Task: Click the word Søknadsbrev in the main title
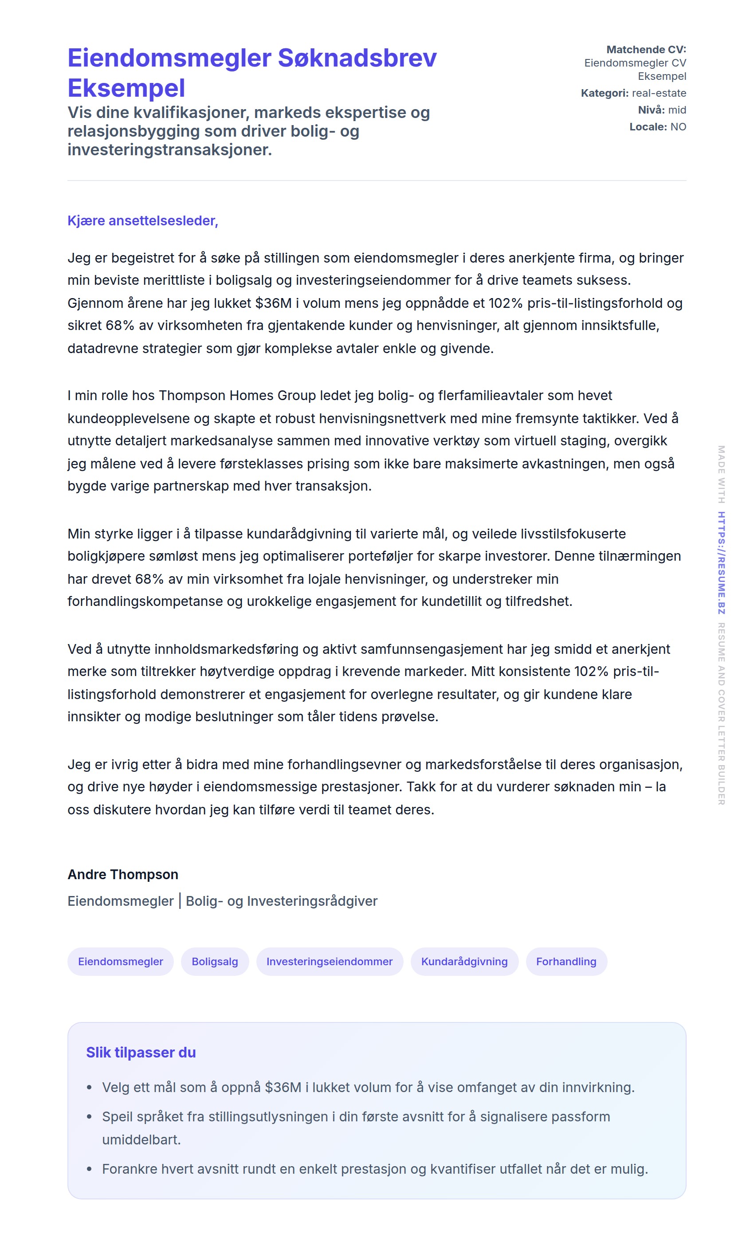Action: pos(357,58)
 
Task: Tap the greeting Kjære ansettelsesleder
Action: pos(143,221)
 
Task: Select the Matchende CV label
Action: pos(646,49)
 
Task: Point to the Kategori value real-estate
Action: pos(659,93)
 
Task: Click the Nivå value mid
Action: pos(677,110)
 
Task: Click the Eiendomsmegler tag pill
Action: pos(121,961)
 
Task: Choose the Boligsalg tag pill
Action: pos(215,961)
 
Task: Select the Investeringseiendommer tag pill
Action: pos(329,961)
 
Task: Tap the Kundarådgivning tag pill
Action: pos(464,961)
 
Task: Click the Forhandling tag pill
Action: pos(566,961)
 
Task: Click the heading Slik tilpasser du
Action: pos(141,1053)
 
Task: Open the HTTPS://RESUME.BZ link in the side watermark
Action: pos(721,562)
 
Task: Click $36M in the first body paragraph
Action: pos(273,303)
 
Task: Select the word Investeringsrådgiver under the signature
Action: pos(312,901)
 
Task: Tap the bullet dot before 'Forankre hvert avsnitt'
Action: pos(89,1169)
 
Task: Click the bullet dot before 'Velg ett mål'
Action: pos(89,1088)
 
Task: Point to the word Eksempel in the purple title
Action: pos(126,88)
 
